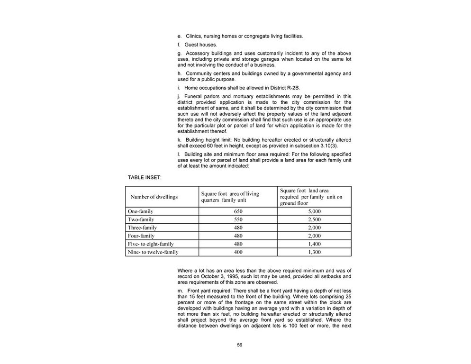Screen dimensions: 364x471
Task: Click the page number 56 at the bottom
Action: pyautogui.click(x=239, y=345)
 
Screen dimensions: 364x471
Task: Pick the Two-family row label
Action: pyautogui.click(x=141, y=219)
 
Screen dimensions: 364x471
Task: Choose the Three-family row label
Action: pyautogui.click(x=142, y=227)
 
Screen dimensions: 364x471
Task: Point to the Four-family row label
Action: pyautogui.click(x=142, y=236)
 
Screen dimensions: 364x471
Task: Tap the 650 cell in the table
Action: pyautogui.click(x=238, y=211)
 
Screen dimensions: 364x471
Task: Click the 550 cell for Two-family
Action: pyautogui.click(x=238, y=219)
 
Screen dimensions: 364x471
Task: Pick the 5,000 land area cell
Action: pyautogui.click(x=315, y=211)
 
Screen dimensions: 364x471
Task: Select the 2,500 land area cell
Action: pyautogui.click(x=315, y=219)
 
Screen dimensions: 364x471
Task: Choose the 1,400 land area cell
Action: pyautogui.click(x=315, y=244)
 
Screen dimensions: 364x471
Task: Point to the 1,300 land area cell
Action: pyautogui.click(x=315, y=252)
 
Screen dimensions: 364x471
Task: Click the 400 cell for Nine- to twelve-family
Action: pyautogui.click(x=238, y=252)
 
